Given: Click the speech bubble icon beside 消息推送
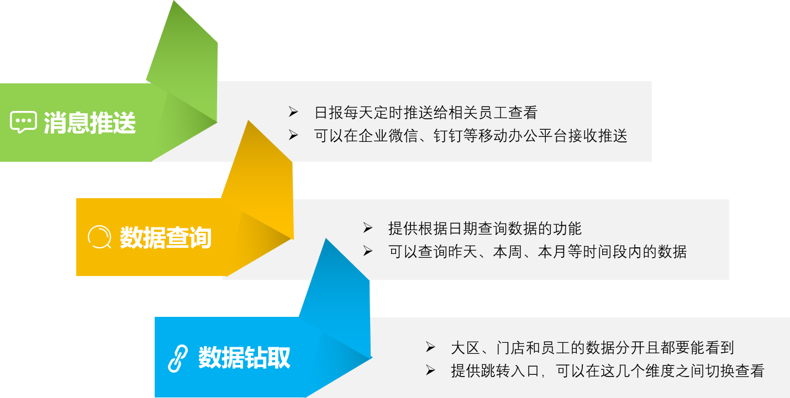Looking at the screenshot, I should [x=23, y=122].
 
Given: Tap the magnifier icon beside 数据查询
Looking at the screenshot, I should [x=99, y=237].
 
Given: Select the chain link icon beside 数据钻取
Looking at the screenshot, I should [x=178, y=358].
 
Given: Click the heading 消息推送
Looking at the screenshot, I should [x=89, y=123].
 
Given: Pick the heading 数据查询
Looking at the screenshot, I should [x=166, y=238].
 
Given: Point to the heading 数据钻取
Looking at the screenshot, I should [x=244, y=358].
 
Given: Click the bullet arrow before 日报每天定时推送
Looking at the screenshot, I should [x=293, y=112].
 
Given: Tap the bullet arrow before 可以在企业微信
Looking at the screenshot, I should [x=293, y=135].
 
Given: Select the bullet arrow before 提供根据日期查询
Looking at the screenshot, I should [x=368, y=228].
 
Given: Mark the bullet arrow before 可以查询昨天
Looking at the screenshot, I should [x=368, y=251].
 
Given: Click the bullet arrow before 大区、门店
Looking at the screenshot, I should [x=430, y=347].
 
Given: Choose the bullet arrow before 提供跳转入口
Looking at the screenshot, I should [x=430, y=370].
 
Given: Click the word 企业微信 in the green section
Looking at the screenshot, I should [x=382, y=136].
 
